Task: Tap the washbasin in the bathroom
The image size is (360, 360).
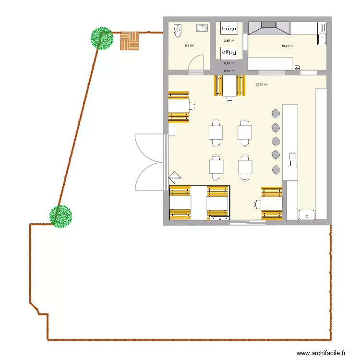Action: [203, 27]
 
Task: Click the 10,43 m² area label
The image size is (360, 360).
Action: [287, 46]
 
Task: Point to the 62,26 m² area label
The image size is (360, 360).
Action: [262, 84]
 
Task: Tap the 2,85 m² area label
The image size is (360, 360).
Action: [229, 41]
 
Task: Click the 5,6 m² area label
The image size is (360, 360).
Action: [189, 46]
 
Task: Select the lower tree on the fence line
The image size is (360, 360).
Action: [61, 216]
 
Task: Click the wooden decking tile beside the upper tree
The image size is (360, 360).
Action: [130, 41]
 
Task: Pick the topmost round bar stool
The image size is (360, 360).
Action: [276, 113]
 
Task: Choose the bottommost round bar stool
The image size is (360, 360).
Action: [276, 169]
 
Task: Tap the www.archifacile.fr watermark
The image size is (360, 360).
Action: [321, 353]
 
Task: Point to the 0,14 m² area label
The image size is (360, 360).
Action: [229, 71]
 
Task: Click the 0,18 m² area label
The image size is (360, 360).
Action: [229, 63]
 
